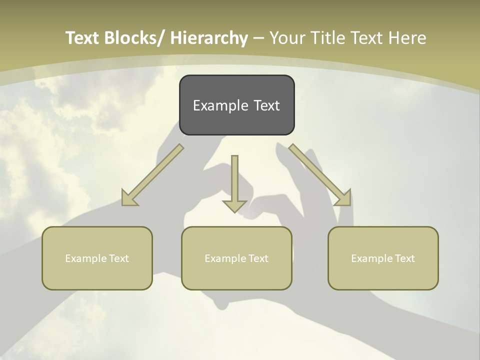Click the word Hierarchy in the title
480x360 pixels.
pyautogui.click(x=208, y=38)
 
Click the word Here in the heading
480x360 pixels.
pyautogui.click(x=407, y=38)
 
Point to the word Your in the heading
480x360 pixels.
pyautogui.click(x=287, y=38)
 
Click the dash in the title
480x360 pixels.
pyautogui.click(x=258, y=38)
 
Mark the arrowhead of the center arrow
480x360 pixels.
pyautogui.click(x=234, y=205)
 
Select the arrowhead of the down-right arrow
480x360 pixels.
pyautogui.click(x=343, y=198)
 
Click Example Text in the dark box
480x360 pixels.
pyautogui.click(x=236, y=105)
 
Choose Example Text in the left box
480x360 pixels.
pyautogui.click(x=97, y=258)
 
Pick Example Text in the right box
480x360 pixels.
pyautogui.click(x=383, y=258)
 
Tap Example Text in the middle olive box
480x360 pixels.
pyautogui.click(x=236, y=258)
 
